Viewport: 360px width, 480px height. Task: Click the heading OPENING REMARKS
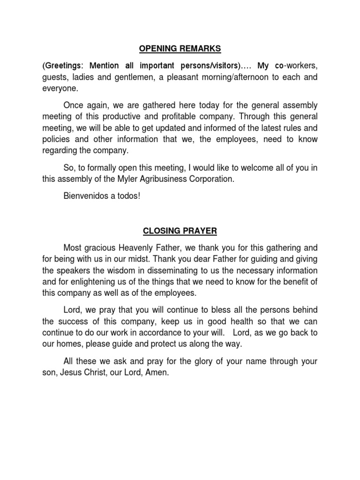click(x=180, y=50)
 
